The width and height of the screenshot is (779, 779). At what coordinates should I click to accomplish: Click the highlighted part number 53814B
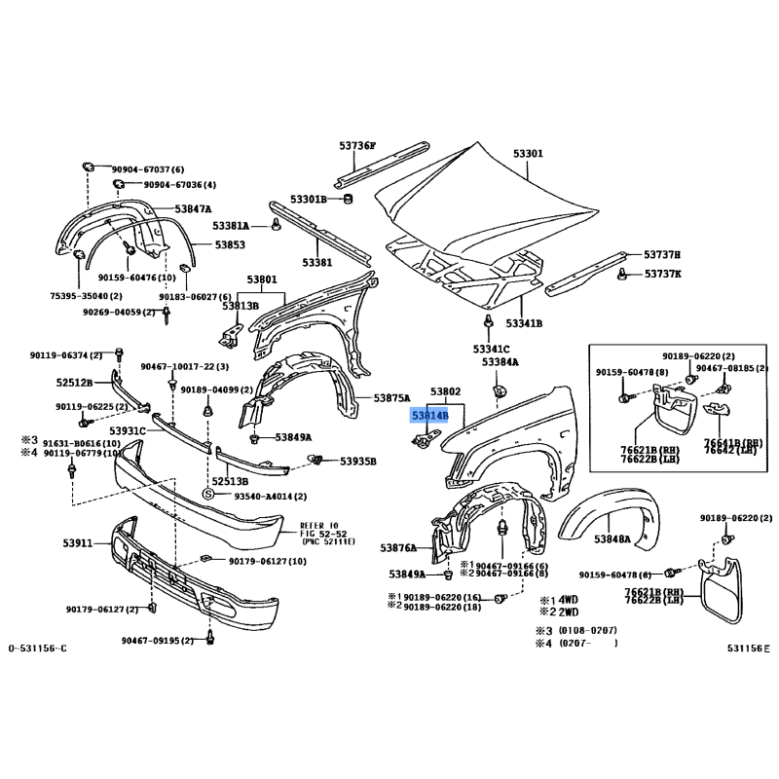click(x=429, y=415)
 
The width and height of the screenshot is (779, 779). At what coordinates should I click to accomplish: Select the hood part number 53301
click(x=529, y=154)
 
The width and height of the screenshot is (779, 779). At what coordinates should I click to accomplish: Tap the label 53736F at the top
click(x=357, y=146)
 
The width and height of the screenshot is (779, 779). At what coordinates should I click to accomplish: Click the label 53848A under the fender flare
click(x=612, y=538)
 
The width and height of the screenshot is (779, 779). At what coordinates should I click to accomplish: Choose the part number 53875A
click(x=393, y=398)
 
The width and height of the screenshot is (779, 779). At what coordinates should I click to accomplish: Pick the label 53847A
click(x=194, y=209)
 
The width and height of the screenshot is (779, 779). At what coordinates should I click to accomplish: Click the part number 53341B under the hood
click(x=524, y=322)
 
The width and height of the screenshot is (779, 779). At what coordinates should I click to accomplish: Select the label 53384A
click(x=501, y=362)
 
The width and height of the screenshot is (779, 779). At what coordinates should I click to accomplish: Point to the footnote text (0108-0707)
click(x=588, y=630)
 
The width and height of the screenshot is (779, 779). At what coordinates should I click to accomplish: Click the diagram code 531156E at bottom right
click(x=748, y=648)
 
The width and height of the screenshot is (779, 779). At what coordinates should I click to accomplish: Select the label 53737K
click(x=662, y=274)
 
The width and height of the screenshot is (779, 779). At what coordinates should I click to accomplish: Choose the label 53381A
click(x=232, y=225)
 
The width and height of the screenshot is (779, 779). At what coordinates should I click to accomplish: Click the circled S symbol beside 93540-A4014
click(x=207, y=495)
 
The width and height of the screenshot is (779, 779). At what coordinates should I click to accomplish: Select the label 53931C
click(x=128, y=429)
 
